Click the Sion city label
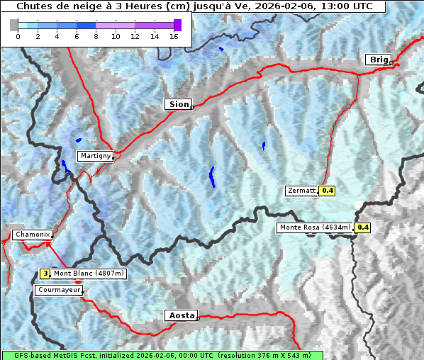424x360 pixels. (179, 104)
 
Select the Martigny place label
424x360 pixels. (95, 156)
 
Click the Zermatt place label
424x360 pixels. (301, 191)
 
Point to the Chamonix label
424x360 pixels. (32, 235)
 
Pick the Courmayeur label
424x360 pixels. (59, 290)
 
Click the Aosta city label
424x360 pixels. (180, 315)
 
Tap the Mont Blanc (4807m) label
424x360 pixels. (89, 274)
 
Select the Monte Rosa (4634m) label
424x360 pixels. (315, 227)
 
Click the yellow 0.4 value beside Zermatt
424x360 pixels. (327, 191)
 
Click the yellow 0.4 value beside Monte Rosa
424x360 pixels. (362, 227)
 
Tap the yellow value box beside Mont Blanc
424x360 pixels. (45, 274)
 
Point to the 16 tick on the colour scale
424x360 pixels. (174, 36)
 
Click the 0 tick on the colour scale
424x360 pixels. (18, 36)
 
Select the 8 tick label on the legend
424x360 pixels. (96, 36)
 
